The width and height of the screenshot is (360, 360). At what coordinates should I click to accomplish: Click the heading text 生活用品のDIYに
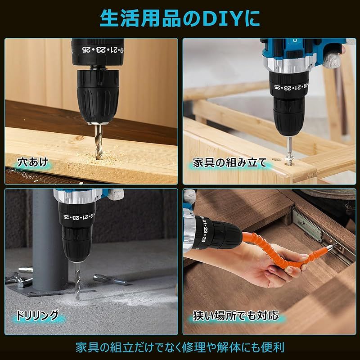coord(180,18)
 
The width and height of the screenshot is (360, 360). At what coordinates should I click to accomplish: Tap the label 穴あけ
coord(32,162)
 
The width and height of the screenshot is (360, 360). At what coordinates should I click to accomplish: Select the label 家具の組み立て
coord(229,163)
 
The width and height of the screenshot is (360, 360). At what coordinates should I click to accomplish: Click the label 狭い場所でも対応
coord(236,315)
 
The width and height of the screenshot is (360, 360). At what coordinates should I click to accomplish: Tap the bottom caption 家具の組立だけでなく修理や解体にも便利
coord(180,347)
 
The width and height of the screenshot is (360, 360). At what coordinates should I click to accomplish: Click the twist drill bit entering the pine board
coord(99,142)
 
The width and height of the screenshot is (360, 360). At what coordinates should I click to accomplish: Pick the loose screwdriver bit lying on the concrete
coord(110,279)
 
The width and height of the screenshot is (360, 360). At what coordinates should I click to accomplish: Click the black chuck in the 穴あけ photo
coord(98,96)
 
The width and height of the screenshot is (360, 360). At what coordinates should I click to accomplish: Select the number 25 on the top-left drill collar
coord(86,49)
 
